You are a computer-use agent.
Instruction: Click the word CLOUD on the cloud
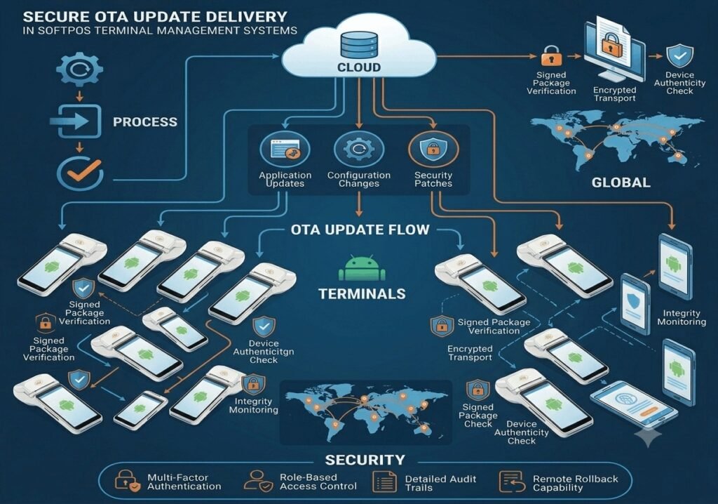click(x=359, y=67)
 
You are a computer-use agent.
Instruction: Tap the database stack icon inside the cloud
click(x=359, y=44)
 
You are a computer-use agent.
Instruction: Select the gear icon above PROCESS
click(x=80, y=69)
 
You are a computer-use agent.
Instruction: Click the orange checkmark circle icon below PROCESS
click(x=81, y=173)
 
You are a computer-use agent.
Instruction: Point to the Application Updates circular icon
click(x=285, y=149)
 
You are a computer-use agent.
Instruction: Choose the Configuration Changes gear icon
click(x=358, y=149)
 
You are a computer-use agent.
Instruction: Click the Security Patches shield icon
click(x=433, y=149)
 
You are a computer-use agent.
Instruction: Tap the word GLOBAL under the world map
click(x=621, y=183)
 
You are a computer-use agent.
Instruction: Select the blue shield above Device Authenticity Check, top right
click(x=679, y=56)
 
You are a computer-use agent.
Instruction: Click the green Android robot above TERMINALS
click(x=362, y=268)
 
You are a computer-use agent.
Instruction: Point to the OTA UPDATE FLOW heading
click(x=360, y=230)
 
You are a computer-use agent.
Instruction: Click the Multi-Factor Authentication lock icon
click(x=127, y=481)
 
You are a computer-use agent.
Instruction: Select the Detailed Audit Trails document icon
click(x=385, y=482)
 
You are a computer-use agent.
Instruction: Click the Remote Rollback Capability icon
click(x=511, y=482)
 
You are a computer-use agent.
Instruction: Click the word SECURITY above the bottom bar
click(x=365, y=460)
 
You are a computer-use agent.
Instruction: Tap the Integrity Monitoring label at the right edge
click(x=682, y=317)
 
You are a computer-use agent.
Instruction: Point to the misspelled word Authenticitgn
click(x=264, y=352)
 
